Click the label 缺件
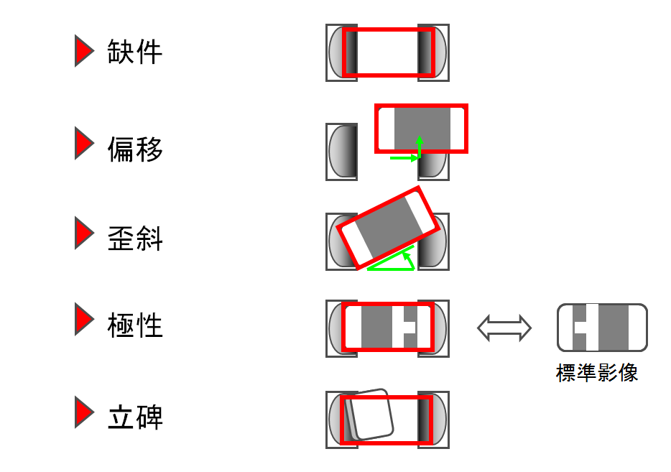pos(134,52)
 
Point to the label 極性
pos(134,325)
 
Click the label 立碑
pos(134,417)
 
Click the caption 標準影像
pos(596,374)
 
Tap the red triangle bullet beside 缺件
pos(84,51)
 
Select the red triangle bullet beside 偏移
pos(84,143)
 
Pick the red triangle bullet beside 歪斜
pos(84,235)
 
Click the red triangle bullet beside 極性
pos(84,320)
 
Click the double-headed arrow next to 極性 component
pos(504,328)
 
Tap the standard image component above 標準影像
pos(602,328)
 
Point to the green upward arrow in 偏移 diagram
pos(420,144)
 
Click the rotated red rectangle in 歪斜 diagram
pos(389,228)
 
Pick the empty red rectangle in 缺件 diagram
pos(388,52)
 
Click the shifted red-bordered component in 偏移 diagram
pos(422,128)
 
